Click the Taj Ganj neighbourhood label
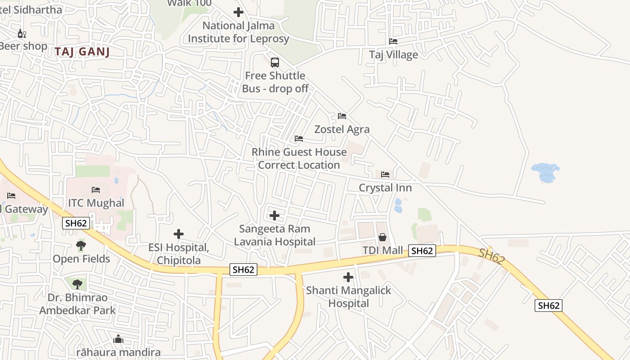tap(82, 52)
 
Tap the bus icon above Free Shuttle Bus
tap(275, 63)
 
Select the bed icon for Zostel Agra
tap(342, 116)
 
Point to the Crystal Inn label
tap(385, 188)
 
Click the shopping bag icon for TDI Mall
tap(382, 237)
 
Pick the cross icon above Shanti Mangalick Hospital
tap(348, 277)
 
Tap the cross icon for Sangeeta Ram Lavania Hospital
tap(274, 216)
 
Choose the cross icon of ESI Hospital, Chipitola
tap(179, 234)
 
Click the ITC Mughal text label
tap(96, 203)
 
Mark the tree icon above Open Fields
tap(81, 246)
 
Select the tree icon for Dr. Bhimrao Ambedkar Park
tap(77, 284)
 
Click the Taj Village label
tap(393, 55)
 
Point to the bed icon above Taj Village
tap(393, 41)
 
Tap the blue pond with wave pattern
tap(545, 172)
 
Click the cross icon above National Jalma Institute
tap(238, 13)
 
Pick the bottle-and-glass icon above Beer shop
tap(22, 33)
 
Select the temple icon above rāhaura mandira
tap(118, 339)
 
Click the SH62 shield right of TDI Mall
tap(422, 251)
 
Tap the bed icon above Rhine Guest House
tap(299, 139)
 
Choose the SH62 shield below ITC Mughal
tap(76, 223)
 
